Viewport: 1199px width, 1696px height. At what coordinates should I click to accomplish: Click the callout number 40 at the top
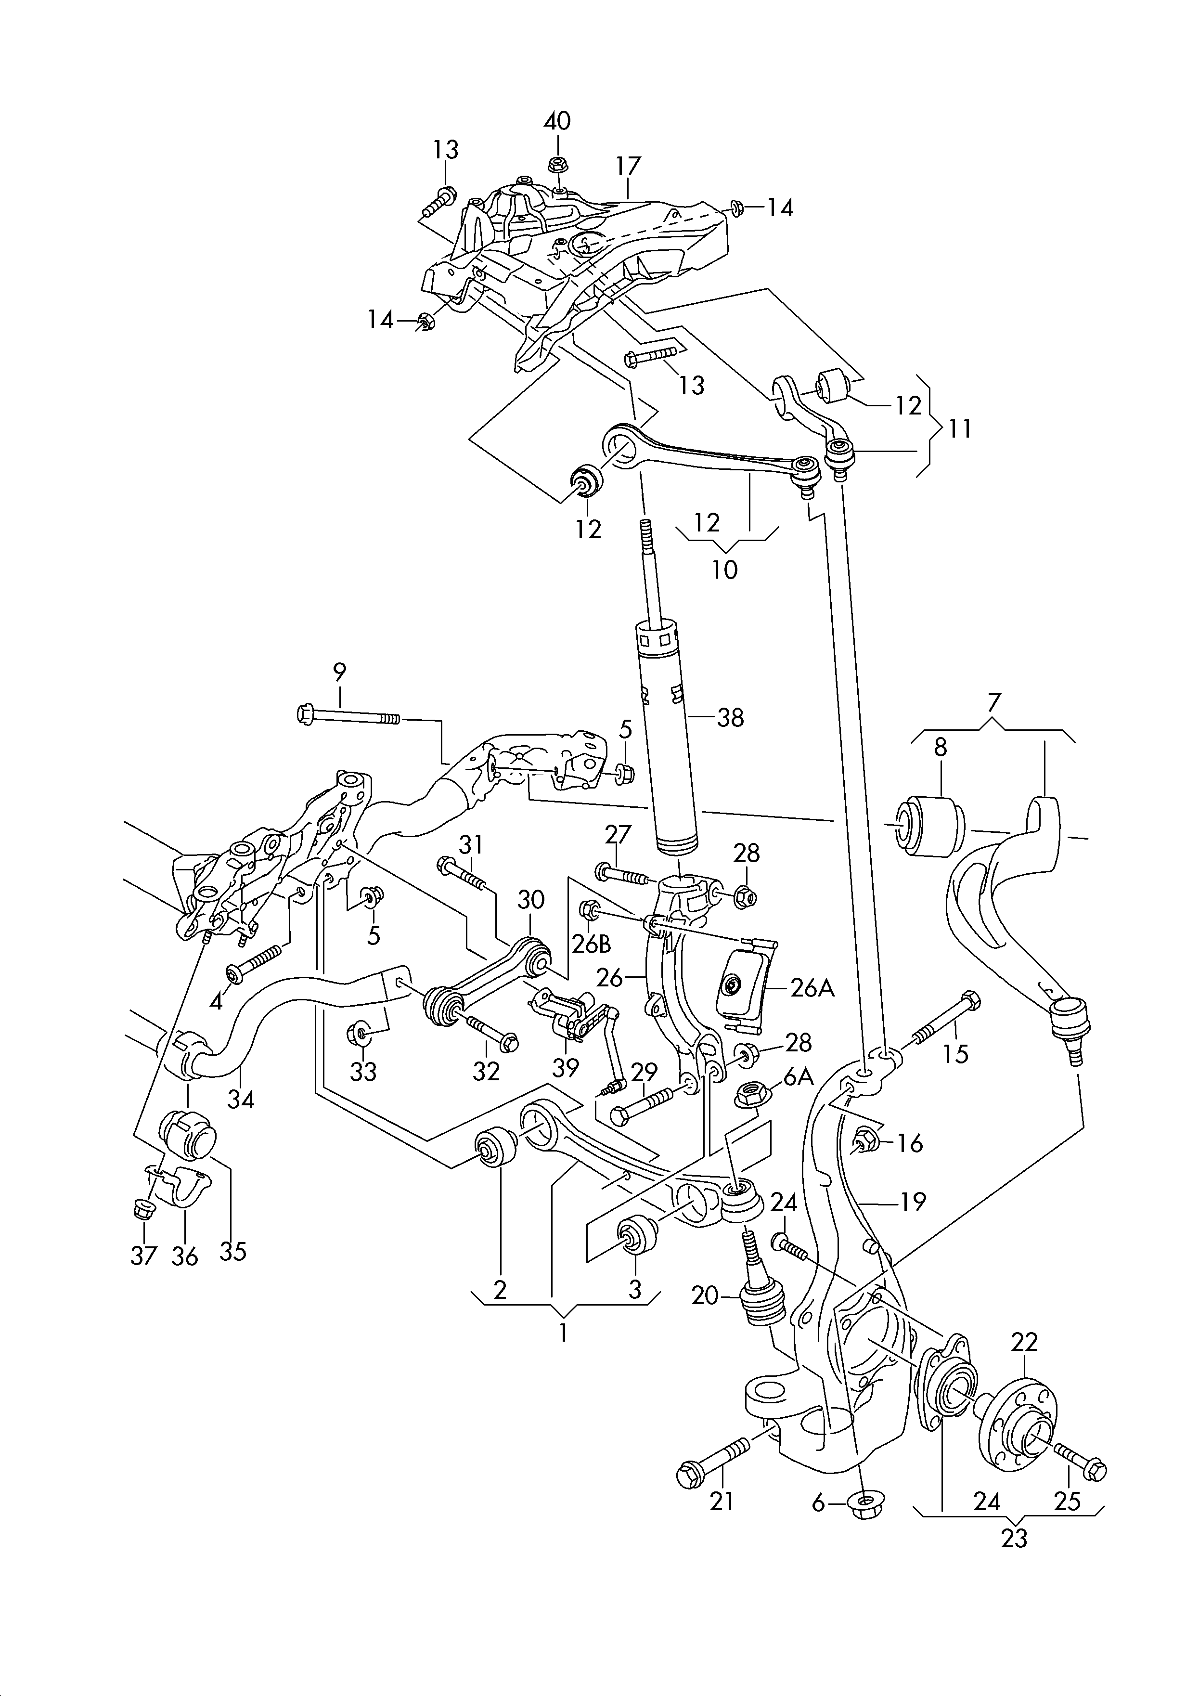(x=558, y=120)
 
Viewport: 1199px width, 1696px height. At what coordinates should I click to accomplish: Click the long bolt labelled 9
(x=347, y=716)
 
